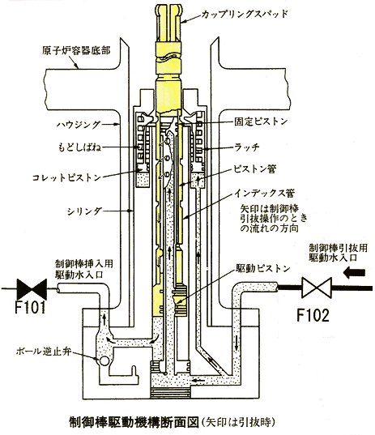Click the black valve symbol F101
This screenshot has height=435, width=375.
tap(32, 289)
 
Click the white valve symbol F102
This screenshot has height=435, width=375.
tap(317, 288)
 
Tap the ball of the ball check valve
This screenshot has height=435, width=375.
tap(104, 361)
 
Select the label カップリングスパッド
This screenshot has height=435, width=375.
tap(245, 14)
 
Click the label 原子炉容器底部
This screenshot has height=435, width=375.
tap(76, 50)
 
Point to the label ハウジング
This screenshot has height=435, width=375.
tap(79, 125)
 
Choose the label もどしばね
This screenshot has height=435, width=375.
tap(79, 147)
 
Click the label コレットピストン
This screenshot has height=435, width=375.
tap(66, 177)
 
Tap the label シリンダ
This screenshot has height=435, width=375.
tap(84, 211)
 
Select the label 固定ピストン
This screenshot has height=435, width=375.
tap(261, 122)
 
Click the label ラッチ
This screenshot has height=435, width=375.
tap(246, 147)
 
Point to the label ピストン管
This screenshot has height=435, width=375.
tap(254, 168)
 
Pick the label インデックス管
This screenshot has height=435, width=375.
tap(264, 193)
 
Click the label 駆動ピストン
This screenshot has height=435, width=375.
tap(262, 268)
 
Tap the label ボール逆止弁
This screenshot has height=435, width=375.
tap(44, 352)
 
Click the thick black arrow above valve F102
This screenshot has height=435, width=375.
tap(354, 272)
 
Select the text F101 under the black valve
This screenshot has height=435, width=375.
tap(30, 307)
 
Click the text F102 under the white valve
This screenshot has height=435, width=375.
tap(313, 315)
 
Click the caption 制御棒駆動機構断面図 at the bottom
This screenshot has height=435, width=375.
tap(134, 422)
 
